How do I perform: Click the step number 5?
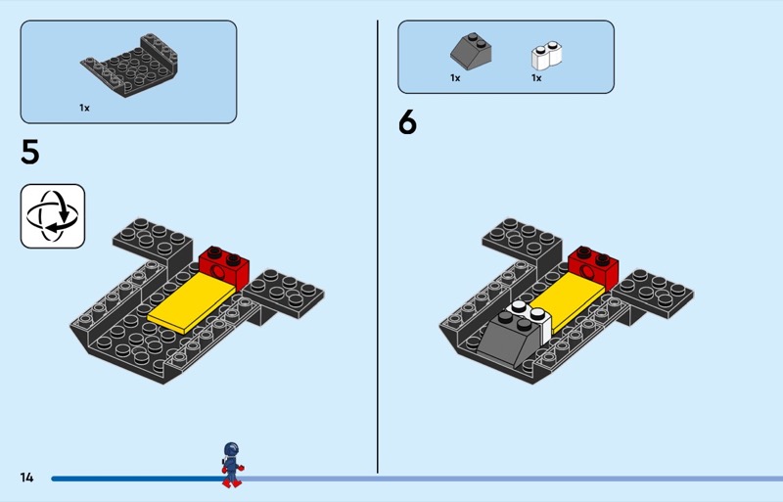point(30,152)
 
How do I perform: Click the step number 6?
point(407,122)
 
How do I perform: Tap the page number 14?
point(27,478)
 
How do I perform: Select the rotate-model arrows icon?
point(53,216)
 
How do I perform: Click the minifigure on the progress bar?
point(232,465)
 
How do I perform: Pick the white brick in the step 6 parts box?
point(546,56)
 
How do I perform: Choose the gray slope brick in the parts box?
point(471,51)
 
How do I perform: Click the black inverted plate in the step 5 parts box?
point(129,65)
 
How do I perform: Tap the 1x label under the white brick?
point(536,78)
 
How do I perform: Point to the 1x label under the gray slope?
point(455,78)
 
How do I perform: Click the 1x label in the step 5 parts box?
point(84,108)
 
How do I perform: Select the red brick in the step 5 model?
point(224,267)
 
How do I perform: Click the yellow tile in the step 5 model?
point(192,302)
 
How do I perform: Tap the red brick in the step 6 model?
point(594,267)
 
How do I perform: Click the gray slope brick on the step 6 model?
point(509,340)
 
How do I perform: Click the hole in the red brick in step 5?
point(218,272)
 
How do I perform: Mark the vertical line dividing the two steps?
point(378,247)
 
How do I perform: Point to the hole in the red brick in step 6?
point(588,272)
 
